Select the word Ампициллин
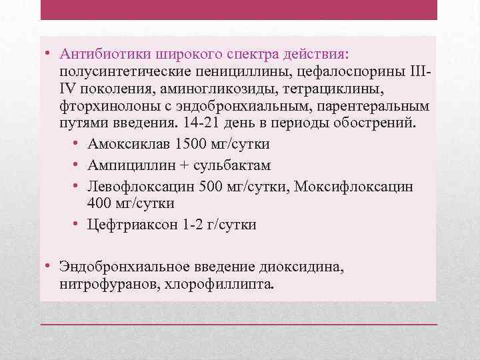click(x=129, y=165)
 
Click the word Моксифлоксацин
click(x=364, y=185)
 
